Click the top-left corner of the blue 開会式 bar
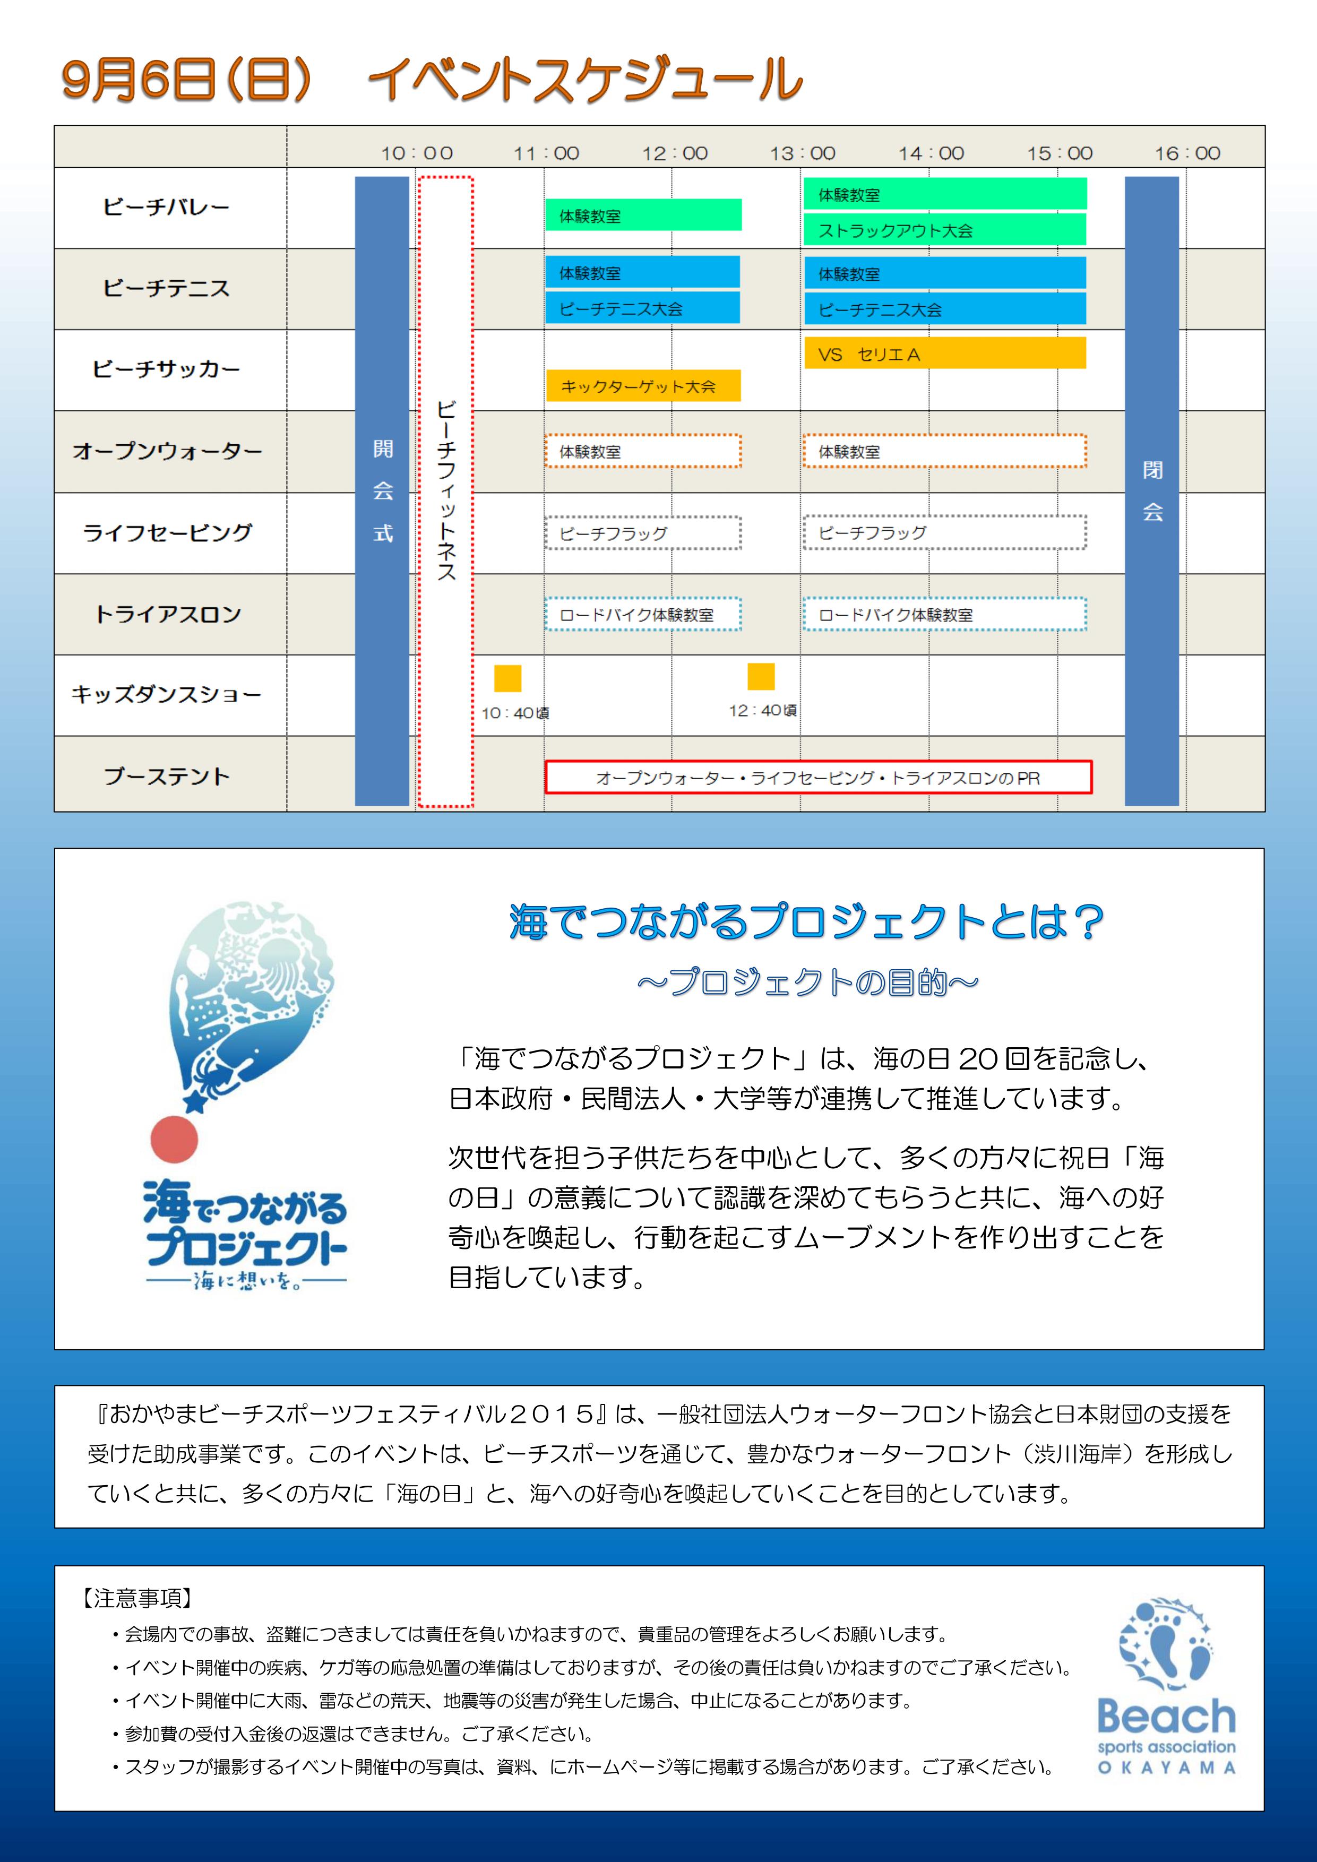click(355, 177)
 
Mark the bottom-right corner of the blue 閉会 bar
click(1178, 805)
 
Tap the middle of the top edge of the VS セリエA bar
click(945, 338)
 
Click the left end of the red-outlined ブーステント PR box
click(545, 777)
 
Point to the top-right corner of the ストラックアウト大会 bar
click(1086, 213)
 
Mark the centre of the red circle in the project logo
click(174, 1139)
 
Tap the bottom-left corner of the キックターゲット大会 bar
click(547, 401)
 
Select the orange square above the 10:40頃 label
click(507, 678)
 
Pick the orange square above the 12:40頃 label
click(761, 676)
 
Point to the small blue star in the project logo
click(195, 1102)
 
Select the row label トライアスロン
click(168, 614)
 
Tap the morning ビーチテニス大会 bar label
click(621, 309)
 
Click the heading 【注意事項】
click(137, 1598)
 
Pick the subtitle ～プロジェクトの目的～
click(808, 982)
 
